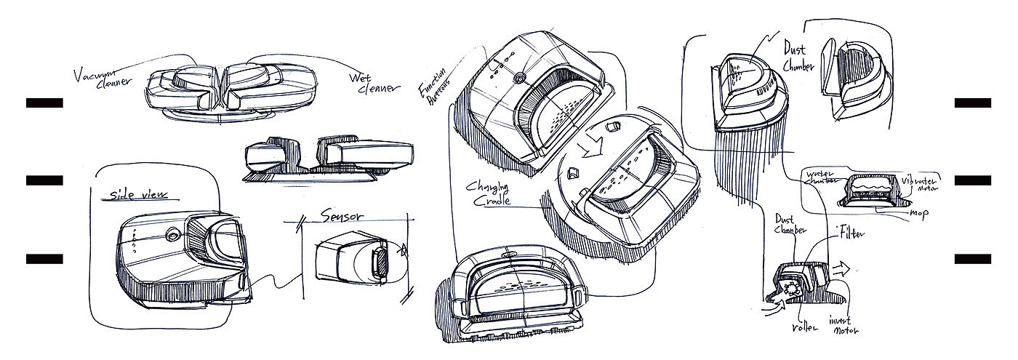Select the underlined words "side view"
[x=137, y=195]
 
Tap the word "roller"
[x=804, y=328]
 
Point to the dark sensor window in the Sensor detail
[x=380, y=262]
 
